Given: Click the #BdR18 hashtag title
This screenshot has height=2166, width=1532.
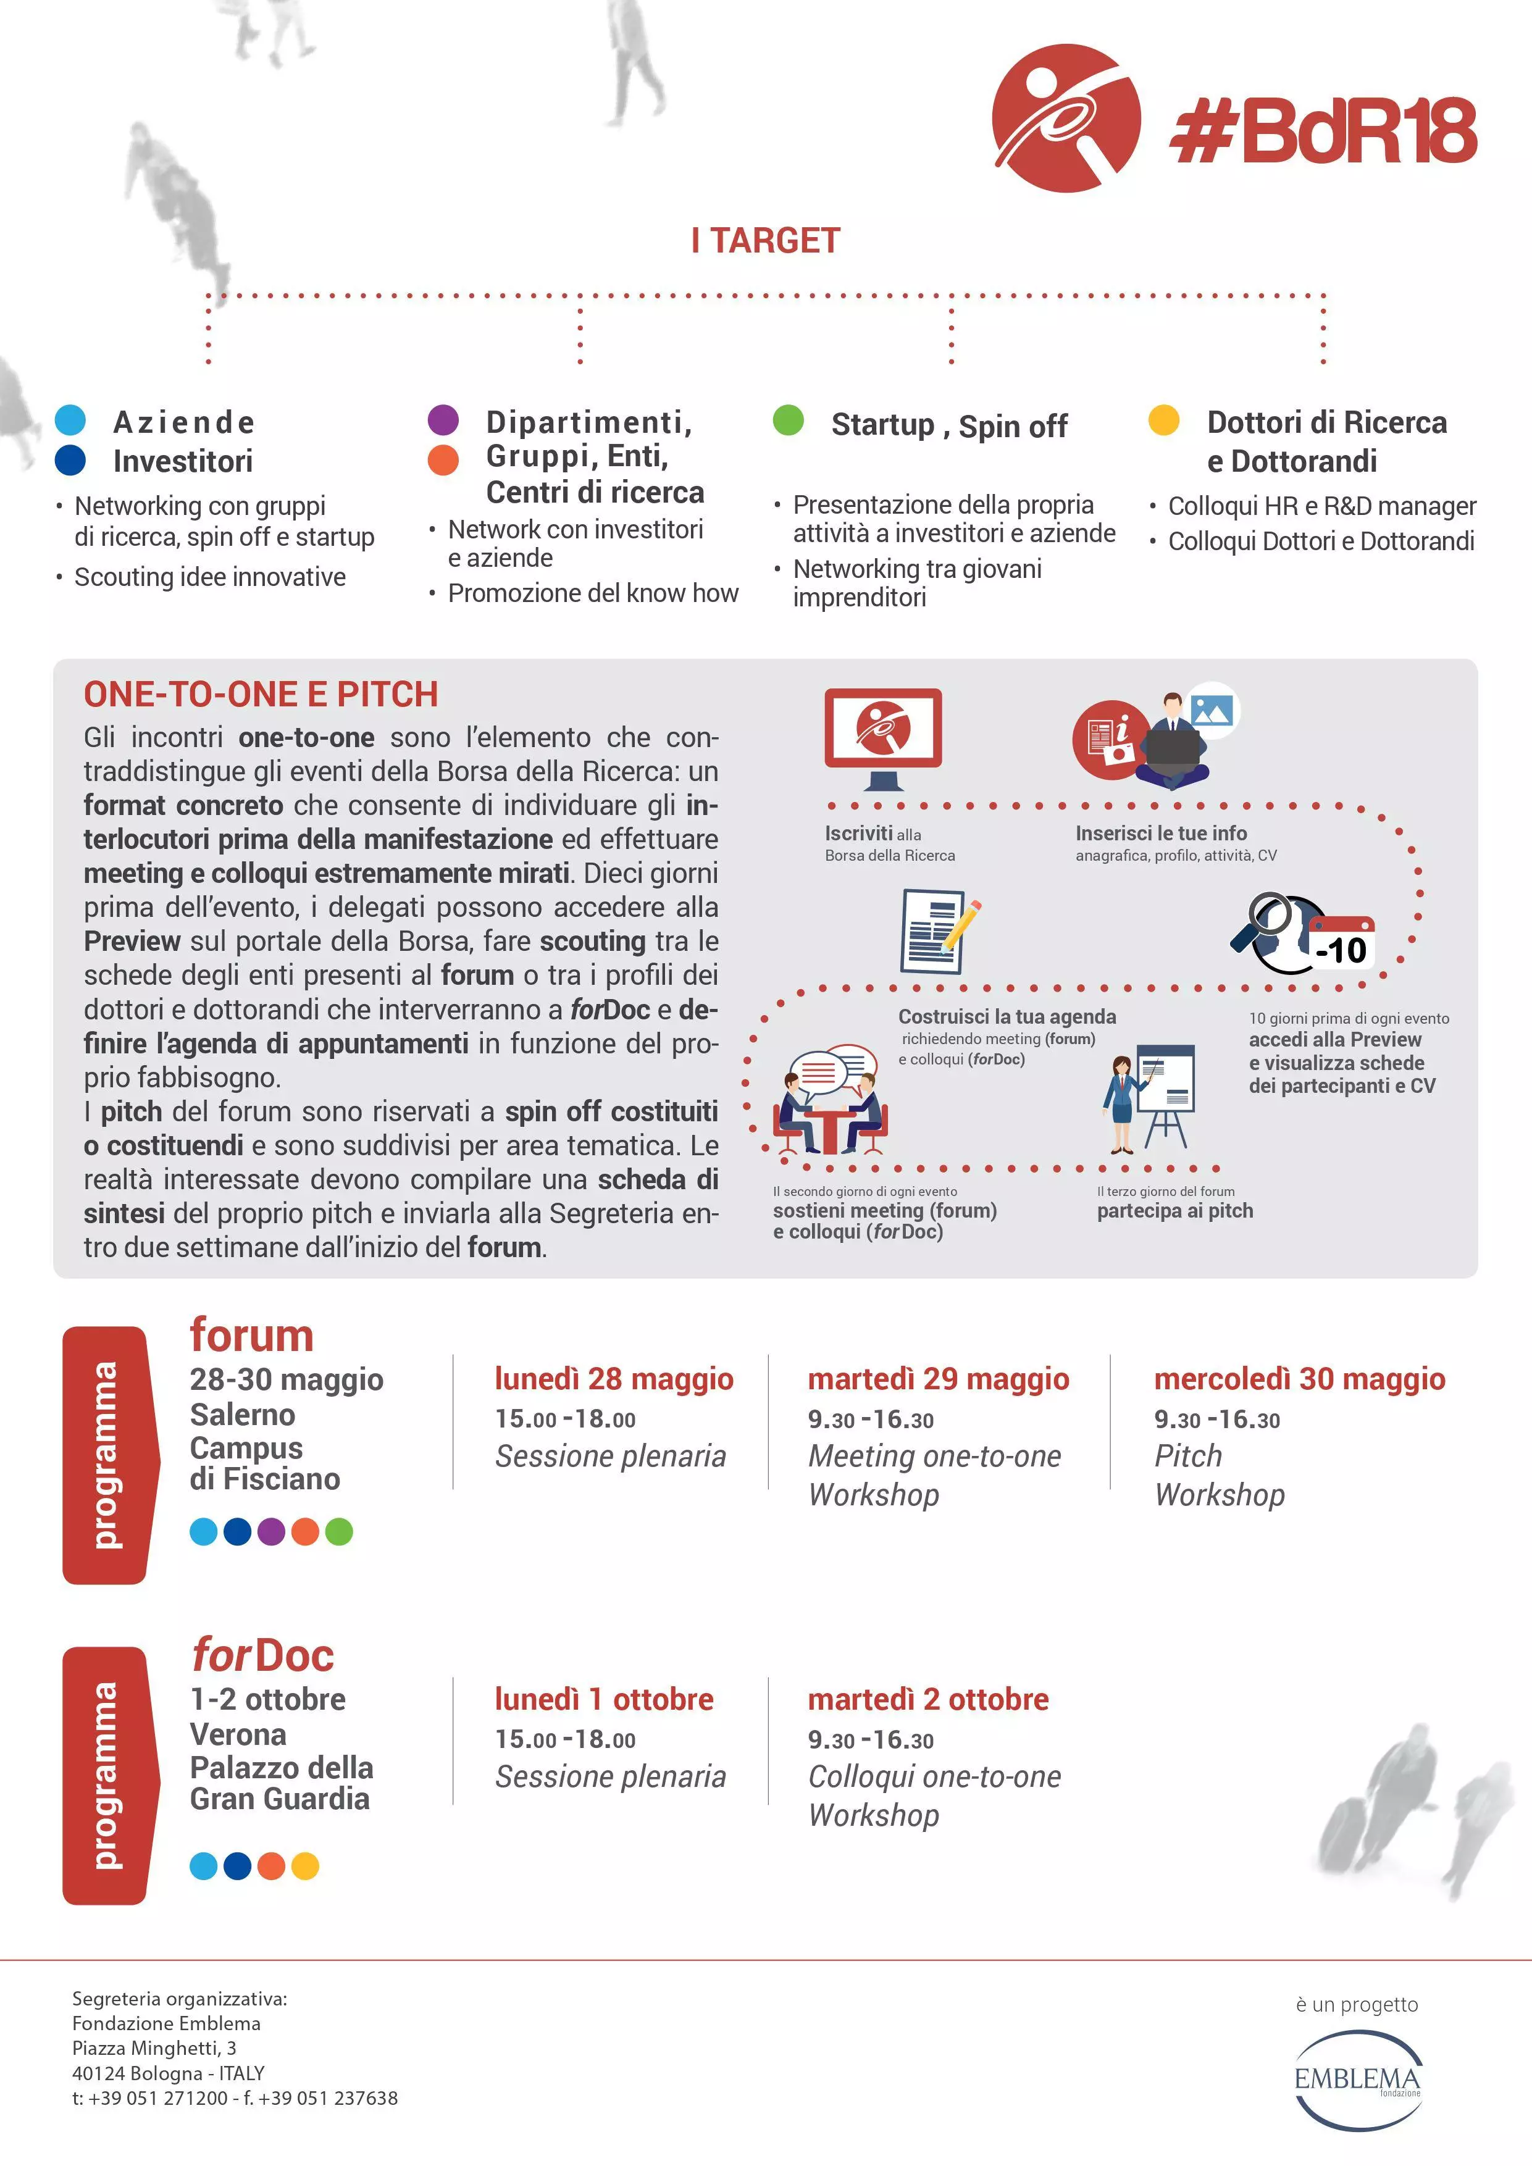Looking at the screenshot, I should tap(1323, 131).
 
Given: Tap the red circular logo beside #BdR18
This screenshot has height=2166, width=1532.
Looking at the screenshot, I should tap(1066, 118).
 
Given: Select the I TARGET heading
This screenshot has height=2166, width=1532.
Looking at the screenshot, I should tap(765, 241).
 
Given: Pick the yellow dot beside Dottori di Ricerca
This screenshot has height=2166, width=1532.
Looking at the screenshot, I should tap(1163, 420).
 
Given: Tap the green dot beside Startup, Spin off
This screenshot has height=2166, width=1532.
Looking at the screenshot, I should tap(788, 420).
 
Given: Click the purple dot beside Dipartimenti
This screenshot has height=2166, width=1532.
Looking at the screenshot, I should tap(442, 420).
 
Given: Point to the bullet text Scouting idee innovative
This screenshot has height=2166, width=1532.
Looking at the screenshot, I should tap(209, 577).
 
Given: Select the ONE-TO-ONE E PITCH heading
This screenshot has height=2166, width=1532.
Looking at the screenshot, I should tap(261, 695).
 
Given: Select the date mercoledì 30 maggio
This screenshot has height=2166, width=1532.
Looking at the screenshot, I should tap(1299, 1379).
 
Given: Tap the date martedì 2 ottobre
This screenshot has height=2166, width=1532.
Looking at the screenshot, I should tap(927, 1700).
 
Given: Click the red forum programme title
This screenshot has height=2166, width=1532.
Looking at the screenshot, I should tap(251, 1336).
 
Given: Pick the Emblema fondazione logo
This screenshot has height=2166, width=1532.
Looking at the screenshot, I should tap(1357, 2079).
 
